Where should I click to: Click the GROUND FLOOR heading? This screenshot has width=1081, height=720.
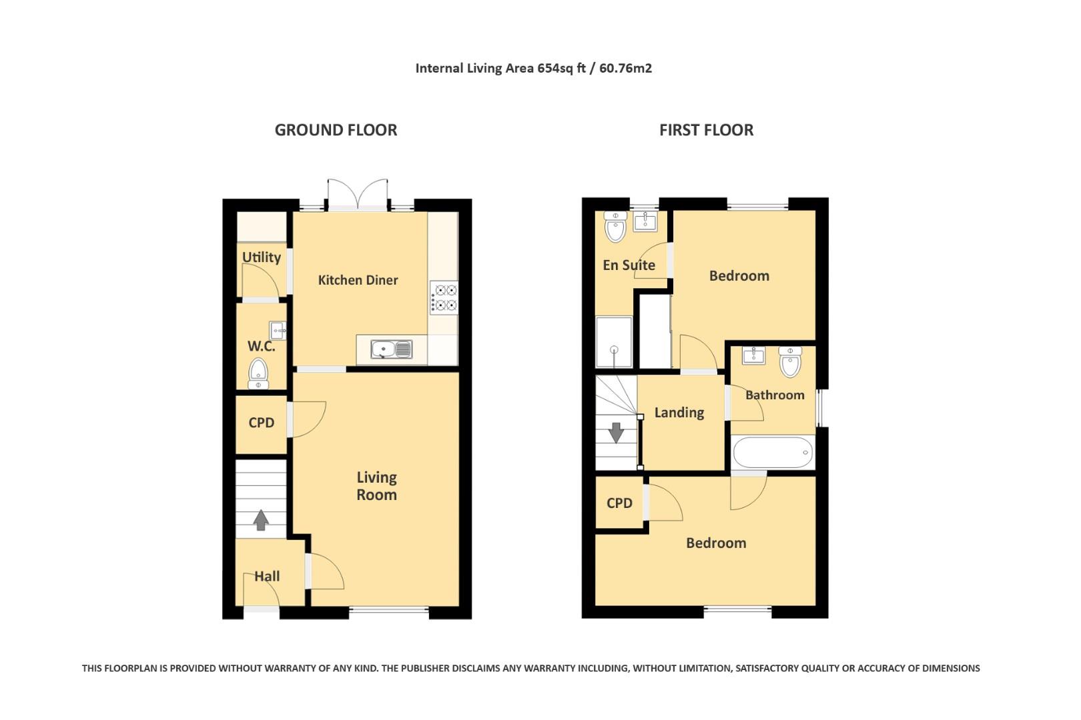pyautogui.click(x=336, y=130)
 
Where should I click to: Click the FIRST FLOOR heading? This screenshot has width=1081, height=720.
pyautogui.click(x=706, y=130)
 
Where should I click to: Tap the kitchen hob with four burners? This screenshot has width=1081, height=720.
pyautogui.click(x=444, y=298)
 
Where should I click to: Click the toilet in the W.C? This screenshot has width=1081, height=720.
pyautogui.click(x=258, y=373)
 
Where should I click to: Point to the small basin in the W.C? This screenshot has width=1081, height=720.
pyautogui.click(x=278, y=330)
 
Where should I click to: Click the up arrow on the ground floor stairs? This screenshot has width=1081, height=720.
pyautogui.click(x=261, y=520)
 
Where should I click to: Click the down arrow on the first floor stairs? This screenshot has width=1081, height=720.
pyautogui.click(x=616, y=433)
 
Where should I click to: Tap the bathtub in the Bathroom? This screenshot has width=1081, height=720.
pyautogui.click(x=773, y=453)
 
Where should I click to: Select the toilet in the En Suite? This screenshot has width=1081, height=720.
pyautogui.click(x=615, y=227)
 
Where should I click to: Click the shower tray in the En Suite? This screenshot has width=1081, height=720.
pyautogui.click(x=613, y=342)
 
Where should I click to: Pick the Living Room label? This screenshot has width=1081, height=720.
pyautogui.click(x=376, y=486)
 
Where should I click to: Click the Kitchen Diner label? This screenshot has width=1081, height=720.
pyautogui.click(x=358, y=280)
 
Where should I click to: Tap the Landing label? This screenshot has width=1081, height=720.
pyautogui.click(x=679, y=413)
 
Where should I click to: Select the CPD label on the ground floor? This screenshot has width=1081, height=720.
pyautogui.click(x=261, y=423)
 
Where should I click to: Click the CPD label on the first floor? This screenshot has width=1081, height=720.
pyautogui.click(x=619, y=503)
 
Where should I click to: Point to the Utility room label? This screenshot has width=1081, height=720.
pyautogui.click(x=261, y=257)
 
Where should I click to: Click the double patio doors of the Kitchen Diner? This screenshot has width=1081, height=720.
pyautogui.click(x=358, y=196)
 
